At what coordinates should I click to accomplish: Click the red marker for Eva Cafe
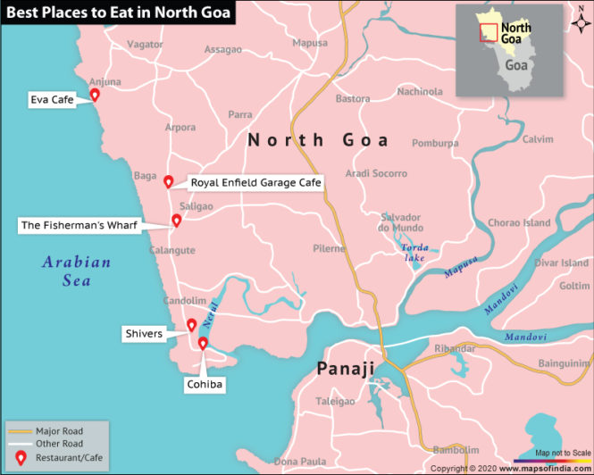[x=95, y=95]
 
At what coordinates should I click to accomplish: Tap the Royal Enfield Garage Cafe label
[x=255, y=182]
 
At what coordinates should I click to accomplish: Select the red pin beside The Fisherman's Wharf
[x=177, y=221]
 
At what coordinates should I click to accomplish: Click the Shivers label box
[x=144, y=334]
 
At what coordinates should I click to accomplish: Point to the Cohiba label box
[x=204, y=385]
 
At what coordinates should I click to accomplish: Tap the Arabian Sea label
[x=77, y=271]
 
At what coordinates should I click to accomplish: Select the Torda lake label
[x=414, y=252]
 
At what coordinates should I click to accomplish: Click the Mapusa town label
[x=310, y=42]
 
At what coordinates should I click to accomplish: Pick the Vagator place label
[x=145, y=44]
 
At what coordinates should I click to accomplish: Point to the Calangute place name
[x=172, y=251]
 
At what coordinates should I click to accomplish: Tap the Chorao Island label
[x=518, y=222]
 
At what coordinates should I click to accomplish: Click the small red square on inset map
[x=489, y=31]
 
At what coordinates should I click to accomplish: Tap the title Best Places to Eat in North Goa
[x=118, y=12]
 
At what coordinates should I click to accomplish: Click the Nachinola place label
[x=420, y=91]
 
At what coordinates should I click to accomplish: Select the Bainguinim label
[x=565, y=363]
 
